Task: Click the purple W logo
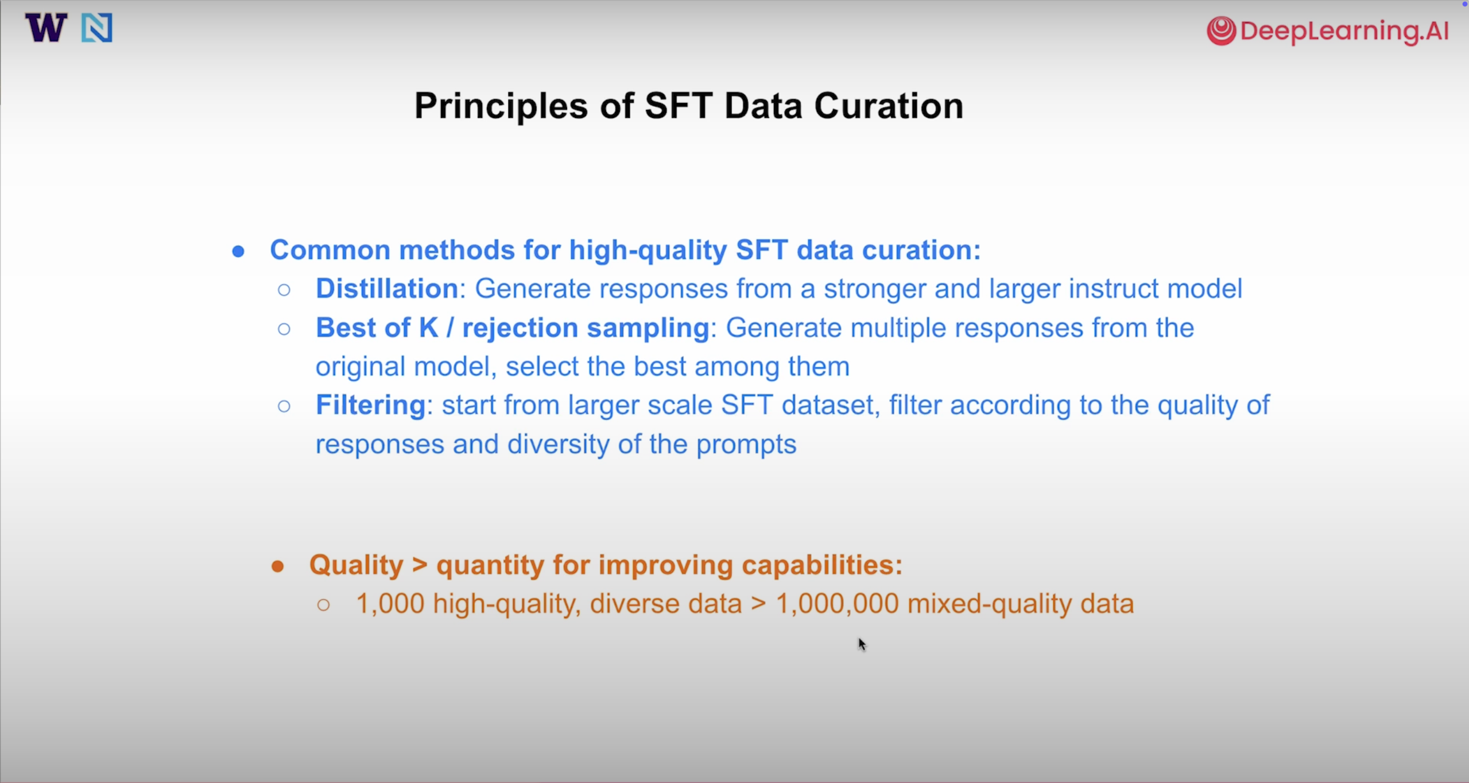point(46,28)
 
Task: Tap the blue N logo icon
point(96,28)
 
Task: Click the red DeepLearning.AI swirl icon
point(1221,30)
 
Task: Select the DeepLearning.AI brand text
point(1344,30)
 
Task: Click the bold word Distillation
point(387,288)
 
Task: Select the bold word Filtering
point(370,406)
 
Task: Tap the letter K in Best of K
point(428,328)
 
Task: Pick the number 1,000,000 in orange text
point(837,604)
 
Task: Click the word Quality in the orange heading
point(356,565)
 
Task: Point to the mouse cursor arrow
point(862,644)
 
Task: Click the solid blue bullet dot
point(238,252)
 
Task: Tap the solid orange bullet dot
point(278,567)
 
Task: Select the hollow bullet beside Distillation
point(284,290)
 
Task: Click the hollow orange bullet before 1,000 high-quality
point(323,604)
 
